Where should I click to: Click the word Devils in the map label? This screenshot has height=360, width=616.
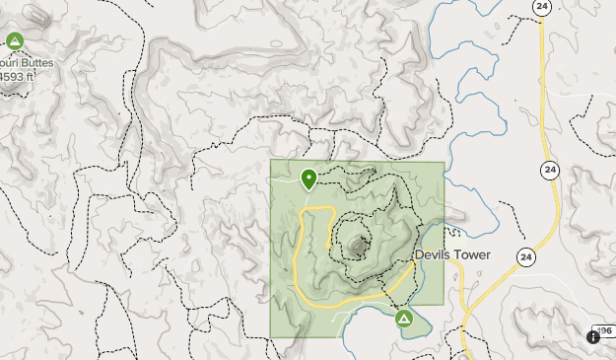click(x=433, y=254)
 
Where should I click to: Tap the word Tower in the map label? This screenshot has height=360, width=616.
click(x=471, y=254)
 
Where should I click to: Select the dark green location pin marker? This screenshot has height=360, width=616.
click(x=309, y=178)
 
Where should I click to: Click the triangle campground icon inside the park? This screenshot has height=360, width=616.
click(x=403, y=320)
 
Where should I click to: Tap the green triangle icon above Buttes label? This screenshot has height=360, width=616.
click(x=14, y=41)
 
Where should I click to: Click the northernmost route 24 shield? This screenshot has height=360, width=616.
click(x=541, y=7)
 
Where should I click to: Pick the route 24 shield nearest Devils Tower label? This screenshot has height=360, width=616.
click(x=526, y=256)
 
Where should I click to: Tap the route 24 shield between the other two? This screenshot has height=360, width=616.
click(x=549, y=171)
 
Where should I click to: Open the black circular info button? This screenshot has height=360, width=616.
click(x=592, y=336)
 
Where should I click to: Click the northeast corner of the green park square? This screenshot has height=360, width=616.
click(x=444, y=162)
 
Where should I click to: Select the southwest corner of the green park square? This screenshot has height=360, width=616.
click(x=272, y=336)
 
